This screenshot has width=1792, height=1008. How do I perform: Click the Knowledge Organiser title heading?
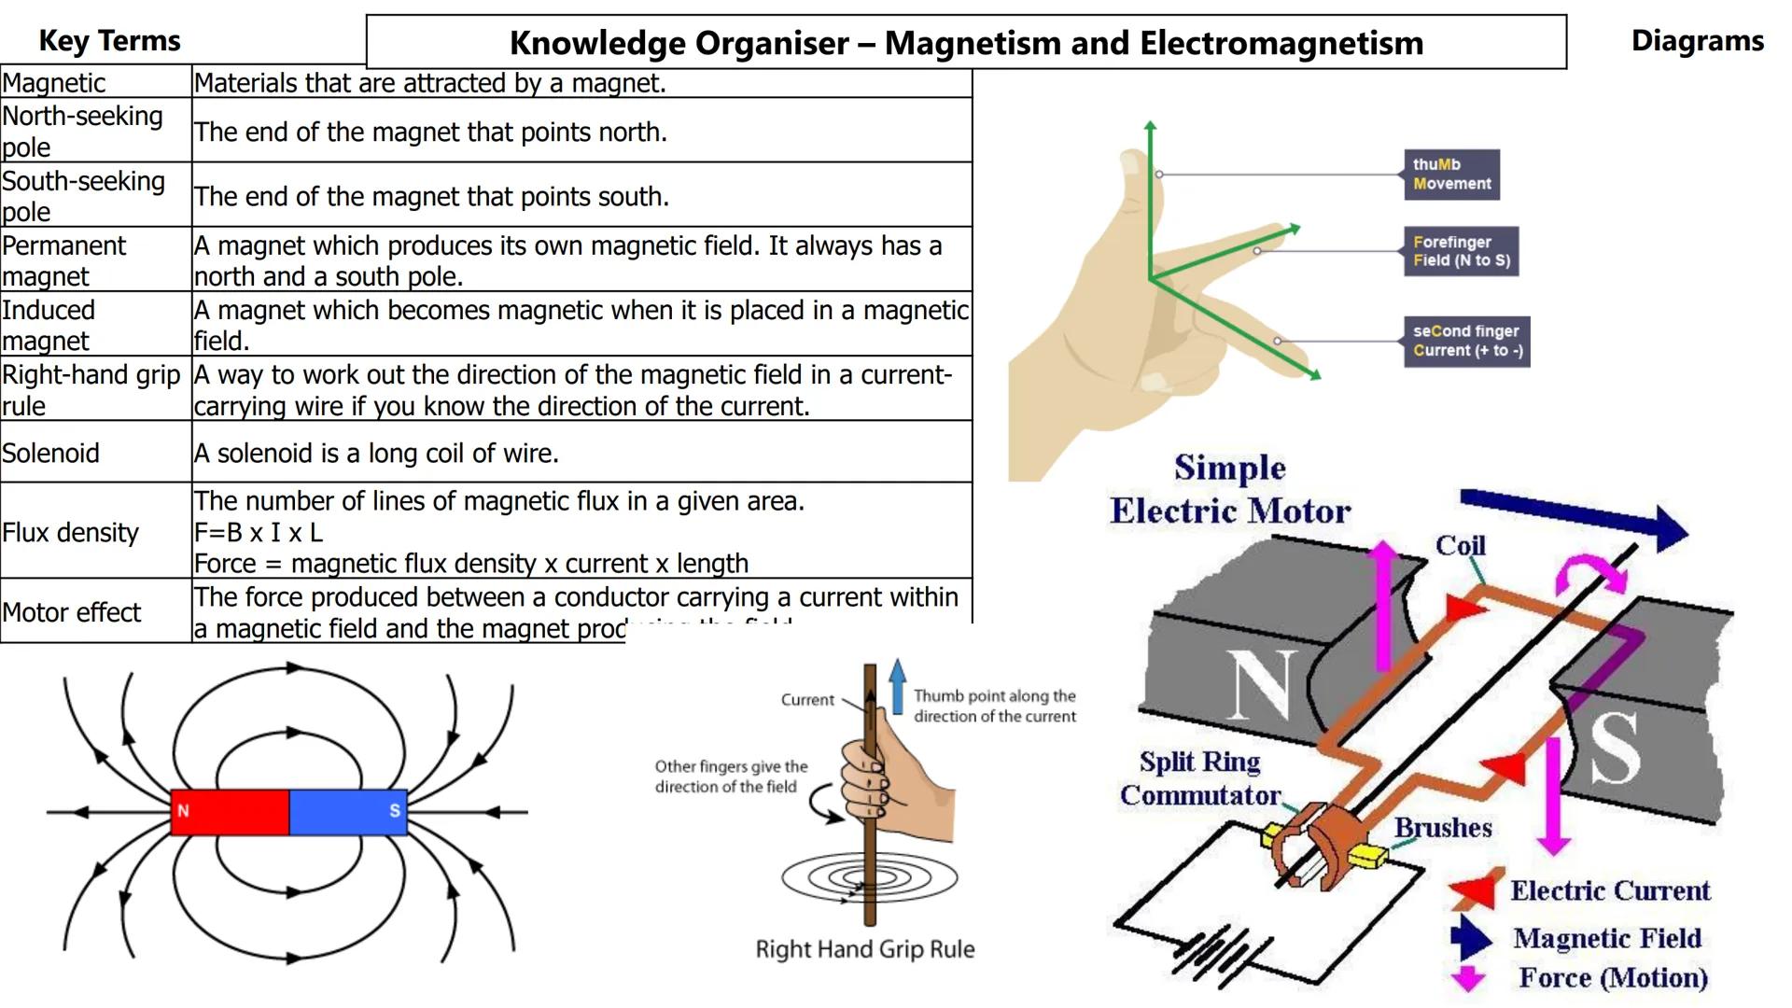pos(966,43)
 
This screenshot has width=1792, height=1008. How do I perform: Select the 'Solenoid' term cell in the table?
pos(50,453)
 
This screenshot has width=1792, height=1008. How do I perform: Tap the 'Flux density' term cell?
pos(70,532)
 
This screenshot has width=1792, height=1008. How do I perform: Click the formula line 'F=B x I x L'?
pos(259,532)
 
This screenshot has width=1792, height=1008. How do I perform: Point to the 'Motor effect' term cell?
pos(71,612)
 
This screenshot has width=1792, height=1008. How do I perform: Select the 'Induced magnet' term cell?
pos(48,325)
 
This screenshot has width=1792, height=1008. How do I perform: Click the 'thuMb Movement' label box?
pos(1451,175)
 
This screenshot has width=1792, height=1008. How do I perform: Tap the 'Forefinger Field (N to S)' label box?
pos(1461,251)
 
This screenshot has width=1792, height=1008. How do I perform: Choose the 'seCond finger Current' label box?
pos(1466,341)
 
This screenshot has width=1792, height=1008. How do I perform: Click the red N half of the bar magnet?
pos(231,811)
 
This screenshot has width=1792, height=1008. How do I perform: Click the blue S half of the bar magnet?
pos(347,811)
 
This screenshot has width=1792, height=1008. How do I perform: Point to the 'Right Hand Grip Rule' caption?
pos(864,949)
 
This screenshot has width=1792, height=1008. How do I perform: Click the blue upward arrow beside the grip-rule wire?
pos(897,686)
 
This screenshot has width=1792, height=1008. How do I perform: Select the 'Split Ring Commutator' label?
pos(1200,778)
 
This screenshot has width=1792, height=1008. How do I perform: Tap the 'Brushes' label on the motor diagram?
pos(1443,828)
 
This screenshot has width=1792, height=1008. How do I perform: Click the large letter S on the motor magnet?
pos(1615,747)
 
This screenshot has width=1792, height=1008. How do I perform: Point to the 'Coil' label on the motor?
pos(1461,545)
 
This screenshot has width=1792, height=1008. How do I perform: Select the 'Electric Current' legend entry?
pos(1610,890)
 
